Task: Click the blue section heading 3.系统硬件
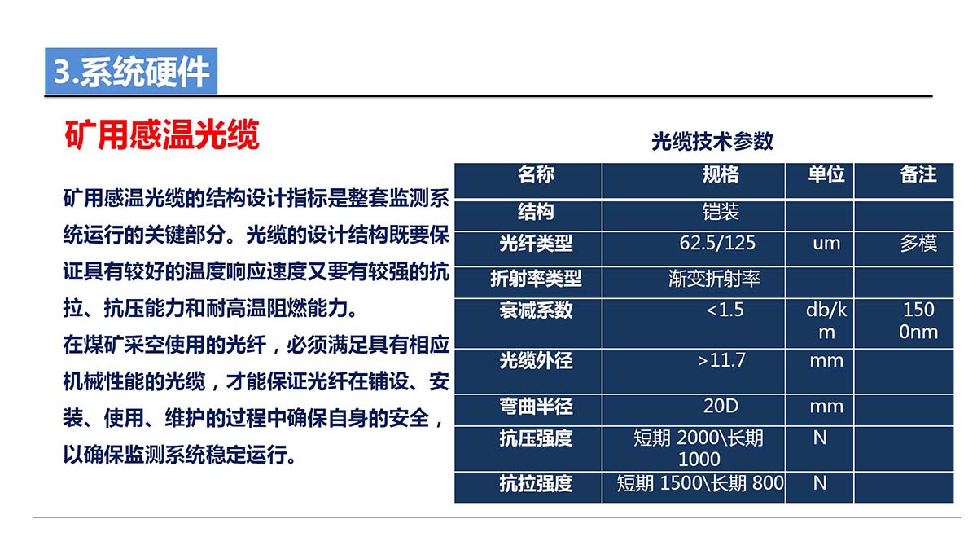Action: click(x=131, y=72)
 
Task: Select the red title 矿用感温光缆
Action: click(x=162, y=135)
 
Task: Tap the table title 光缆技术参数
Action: click(x=712, y=142)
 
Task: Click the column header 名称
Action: click(x=536, y=174)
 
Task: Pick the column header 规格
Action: click(x=721, y=174)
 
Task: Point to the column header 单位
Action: click(x=826, y=174)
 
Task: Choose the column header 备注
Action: click(x=918, y=174)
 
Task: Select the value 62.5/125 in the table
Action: click(x=717, y=243)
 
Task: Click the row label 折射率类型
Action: click(x=536, y=279)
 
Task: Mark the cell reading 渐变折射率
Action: click(x=714, y=279)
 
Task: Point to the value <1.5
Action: click(x=725, y=310)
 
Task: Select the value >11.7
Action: click(x=721, y=360)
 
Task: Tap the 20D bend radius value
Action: click(x=721, y=406)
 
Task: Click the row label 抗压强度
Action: click(x=536, y=438)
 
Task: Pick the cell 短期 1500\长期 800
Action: click(x=700, y=483)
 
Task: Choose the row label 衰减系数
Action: click(x=536, y=310)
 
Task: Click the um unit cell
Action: click(x=826, y=244)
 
